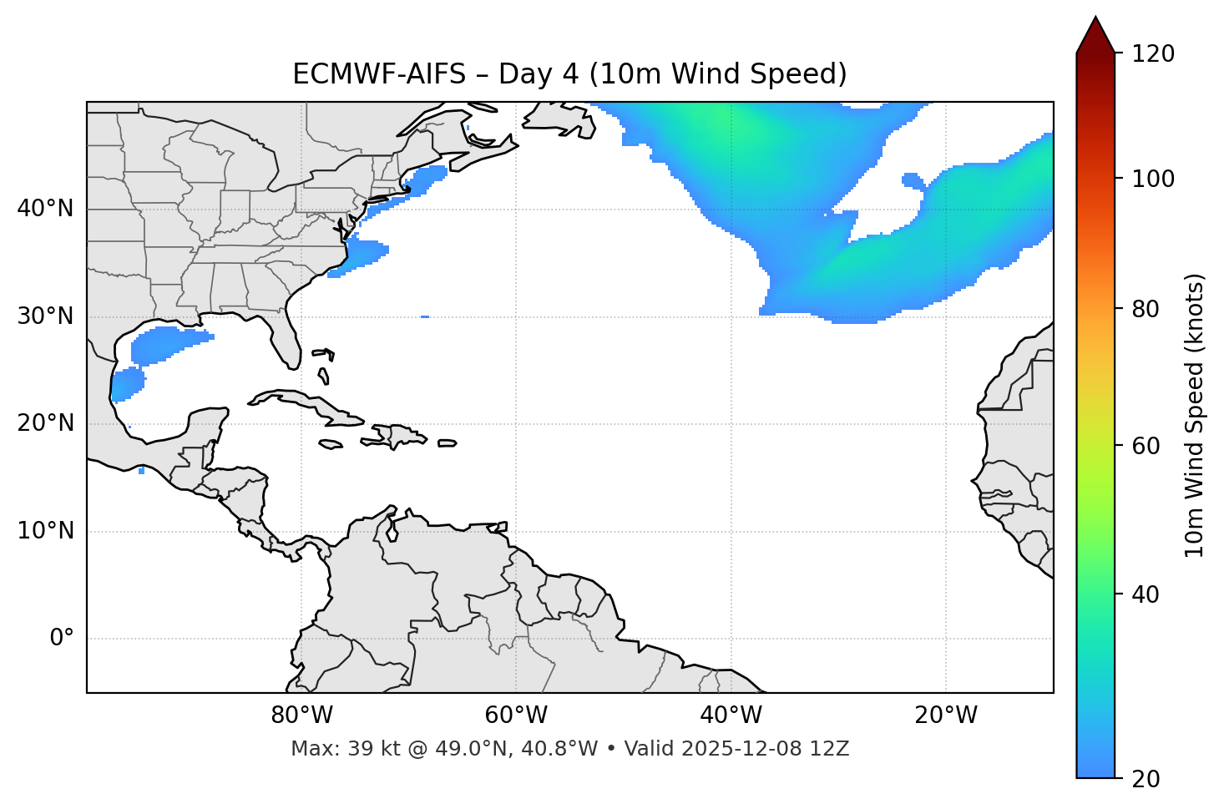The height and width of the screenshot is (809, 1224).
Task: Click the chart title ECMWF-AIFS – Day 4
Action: click(x=569, y=74)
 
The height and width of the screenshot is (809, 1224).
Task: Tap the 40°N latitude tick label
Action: click(x=45, y=209)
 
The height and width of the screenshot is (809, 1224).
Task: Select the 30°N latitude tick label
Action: click(x=45, y=316)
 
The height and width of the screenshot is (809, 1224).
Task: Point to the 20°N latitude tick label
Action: click(x=45, y=423)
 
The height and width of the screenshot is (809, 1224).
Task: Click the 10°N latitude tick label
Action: click(x=45, y=531)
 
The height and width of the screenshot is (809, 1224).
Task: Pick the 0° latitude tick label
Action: click(x=62, y=639)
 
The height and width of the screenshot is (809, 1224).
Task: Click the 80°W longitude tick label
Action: click(x=301, y=715)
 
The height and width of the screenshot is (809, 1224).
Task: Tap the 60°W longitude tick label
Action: click(x=516, y=715)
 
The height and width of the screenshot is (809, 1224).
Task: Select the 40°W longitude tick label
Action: click(x=731, y=715)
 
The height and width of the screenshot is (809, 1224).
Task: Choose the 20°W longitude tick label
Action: click(x=945, y=715)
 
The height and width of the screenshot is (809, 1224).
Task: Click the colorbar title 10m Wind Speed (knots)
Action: click(x=1195, y=415)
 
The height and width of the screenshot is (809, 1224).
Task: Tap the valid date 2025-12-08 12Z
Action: click(x=765, y=749)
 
